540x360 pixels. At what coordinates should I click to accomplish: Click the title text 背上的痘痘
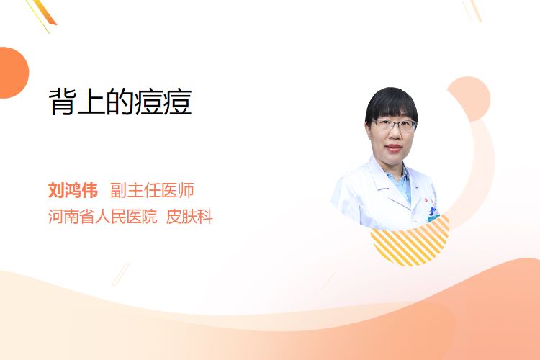pyautogui.click(x=120, y=102)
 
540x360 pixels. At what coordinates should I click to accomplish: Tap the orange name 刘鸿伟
pyautogui.click(x=73, y=190)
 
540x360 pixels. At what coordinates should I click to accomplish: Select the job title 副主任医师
pyautogui.click(x=152, y=190)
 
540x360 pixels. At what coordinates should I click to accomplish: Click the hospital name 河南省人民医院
pyautogui.click(x=103, y=217)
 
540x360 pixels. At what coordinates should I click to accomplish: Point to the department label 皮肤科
pyautogui.click(x=189, y=217)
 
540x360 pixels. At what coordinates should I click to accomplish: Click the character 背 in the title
pyautogui.click(x=62, y=102)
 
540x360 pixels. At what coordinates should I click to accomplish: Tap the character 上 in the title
pyautogui.click(x=91, y=102)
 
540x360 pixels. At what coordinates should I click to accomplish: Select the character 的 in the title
pyautogui.click(x=120, y=102)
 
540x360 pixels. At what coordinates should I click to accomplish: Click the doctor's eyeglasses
pyautogui.click(x=394, y=125)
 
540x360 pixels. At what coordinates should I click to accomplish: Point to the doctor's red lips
pyautogui.click(x=394, y=148)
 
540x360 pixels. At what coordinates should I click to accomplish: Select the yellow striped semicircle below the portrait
pyautogui.click(x=410, y=243)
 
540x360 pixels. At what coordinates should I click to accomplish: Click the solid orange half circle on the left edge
pyautogui.click(x=14, y=73)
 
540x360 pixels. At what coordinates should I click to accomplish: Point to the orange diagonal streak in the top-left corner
pyautogui.click(x=42, y=14)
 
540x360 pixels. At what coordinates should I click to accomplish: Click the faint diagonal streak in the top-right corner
pyautogui.click(x=472, y=10)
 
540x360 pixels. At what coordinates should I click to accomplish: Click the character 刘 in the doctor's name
pyautogui.click(x=56, y=190)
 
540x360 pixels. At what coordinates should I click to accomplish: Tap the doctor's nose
pyautogui.click(x=395, y=136)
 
